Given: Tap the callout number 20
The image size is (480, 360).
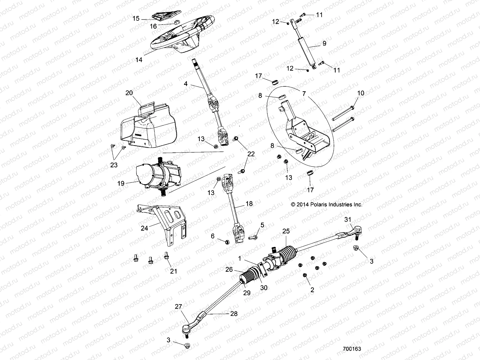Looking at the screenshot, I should click(x=129, y=93).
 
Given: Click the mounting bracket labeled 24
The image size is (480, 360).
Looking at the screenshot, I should click(x=165, y=222).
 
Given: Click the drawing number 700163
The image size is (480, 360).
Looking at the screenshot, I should click(x=352, y=349).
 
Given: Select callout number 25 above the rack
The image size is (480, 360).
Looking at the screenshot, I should click(x=286, y=231).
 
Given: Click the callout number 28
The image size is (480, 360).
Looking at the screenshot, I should click(x=234, y=314).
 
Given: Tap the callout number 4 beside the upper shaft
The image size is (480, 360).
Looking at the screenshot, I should click(x=186, y=84).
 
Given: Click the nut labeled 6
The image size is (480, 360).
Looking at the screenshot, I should click(x=227, y=242).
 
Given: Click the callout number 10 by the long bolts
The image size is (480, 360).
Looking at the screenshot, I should click(x=361, y=93).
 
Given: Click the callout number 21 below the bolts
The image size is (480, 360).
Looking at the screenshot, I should click(x=174, y=271).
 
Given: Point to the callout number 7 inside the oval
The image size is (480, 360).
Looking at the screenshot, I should click(x=304, y=94).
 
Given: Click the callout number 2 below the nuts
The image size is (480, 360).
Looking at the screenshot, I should click(x=312, y=289).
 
